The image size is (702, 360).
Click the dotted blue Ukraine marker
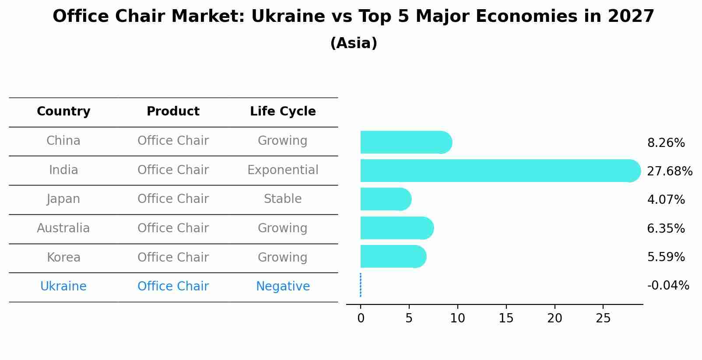click(360, 285)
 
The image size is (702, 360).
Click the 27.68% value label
click(669, 171)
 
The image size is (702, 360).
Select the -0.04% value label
click(668, 286)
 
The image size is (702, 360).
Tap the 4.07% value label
click(666, 200)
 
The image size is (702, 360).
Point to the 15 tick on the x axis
click(506, 318)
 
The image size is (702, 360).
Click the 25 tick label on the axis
click(603, 318)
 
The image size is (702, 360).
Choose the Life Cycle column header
click(283, 112)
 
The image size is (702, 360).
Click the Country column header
click(63, 112)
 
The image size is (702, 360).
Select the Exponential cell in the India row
click(283, 170)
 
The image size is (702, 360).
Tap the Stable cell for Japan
click(283, 199)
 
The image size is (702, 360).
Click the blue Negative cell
click(283, 287)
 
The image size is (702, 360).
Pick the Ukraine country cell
click(63, 287)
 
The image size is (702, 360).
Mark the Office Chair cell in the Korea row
click(173, 257)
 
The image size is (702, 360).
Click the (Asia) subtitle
click(354, 43)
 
